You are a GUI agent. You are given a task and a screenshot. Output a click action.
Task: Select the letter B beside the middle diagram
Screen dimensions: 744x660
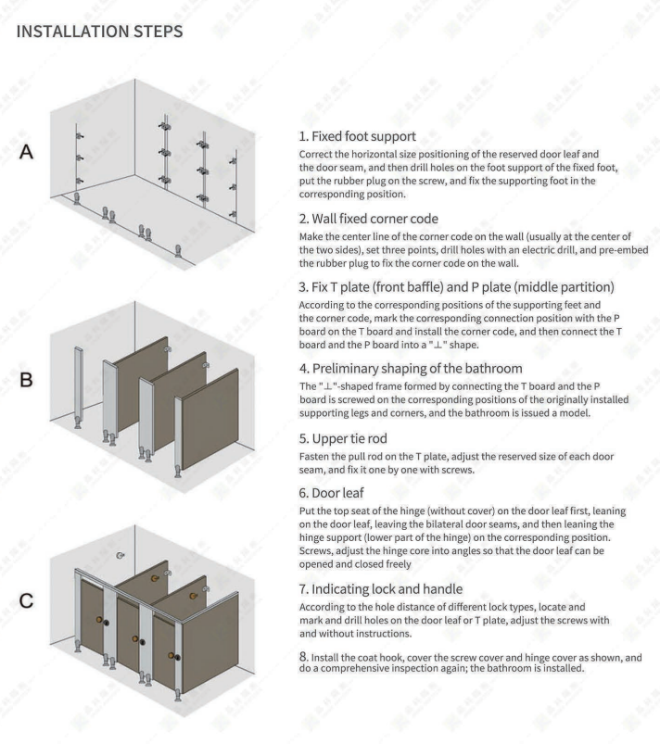pyautogui.click(x=28, y=380)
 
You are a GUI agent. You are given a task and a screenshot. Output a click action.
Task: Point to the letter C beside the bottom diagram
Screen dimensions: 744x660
pyautogui.click(x=28, y=602)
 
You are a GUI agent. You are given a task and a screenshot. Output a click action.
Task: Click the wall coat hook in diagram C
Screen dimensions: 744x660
pyautogui.click(x=121, y=555)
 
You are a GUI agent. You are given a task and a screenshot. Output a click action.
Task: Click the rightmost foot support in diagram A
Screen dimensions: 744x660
pyautogui.click(x=178, y=250)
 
